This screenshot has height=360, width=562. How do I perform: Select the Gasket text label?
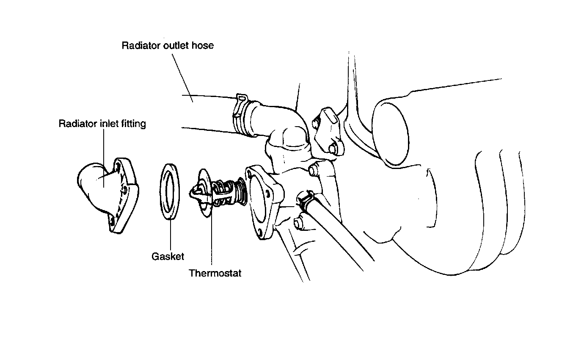tap(168, 256)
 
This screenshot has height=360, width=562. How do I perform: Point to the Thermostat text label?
tap(215, 273)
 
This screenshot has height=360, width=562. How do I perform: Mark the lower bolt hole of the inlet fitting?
tap(112, 220)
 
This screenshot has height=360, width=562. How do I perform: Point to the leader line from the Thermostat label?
tap(211, 237)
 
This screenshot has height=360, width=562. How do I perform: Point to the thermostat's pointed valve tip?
tap(193, 191)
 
